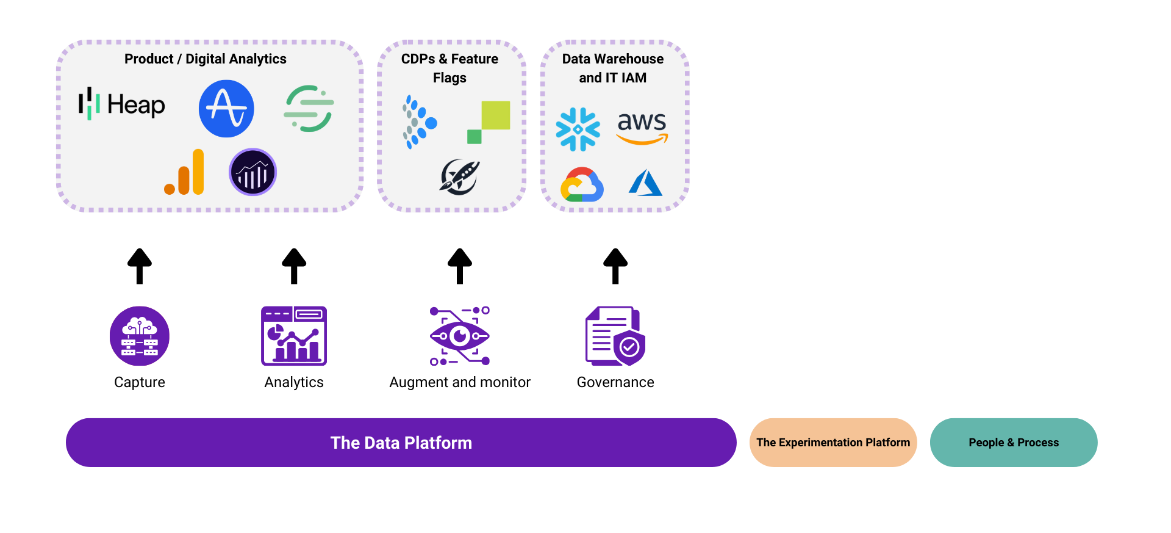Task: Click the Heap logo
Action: pos(122,104)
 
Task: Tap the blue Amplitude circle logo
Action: pos(226,109)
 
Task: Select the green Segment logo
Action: pos(309,109)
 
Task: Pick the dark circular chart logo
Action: pos(252,172)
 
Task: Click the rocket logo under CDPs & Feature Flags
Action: pos(460,177)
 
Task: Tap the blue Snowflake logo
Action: pos(578,129)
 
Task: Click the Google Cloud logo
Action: pos(582,184)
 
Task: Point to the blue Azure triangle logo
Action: pos(645,183)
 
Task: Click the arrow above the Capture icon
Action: pos(140,266)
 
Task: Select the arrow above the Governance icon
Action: pos(615,266)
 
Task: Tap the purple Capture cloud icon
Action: pos(140,336)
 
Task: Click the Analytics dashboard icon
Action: pos(294,336)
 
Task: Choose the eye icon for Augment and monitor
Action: pos(460,336)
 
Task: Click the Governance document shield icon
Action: pos(615,336)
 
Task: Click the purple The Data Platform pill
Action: pos(401,443)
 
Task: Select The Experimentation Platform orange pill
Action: pos(833,443)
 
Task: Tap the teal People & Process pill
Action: pos(1014,443)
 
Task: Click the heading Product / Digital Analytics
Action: pos(206,59)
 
